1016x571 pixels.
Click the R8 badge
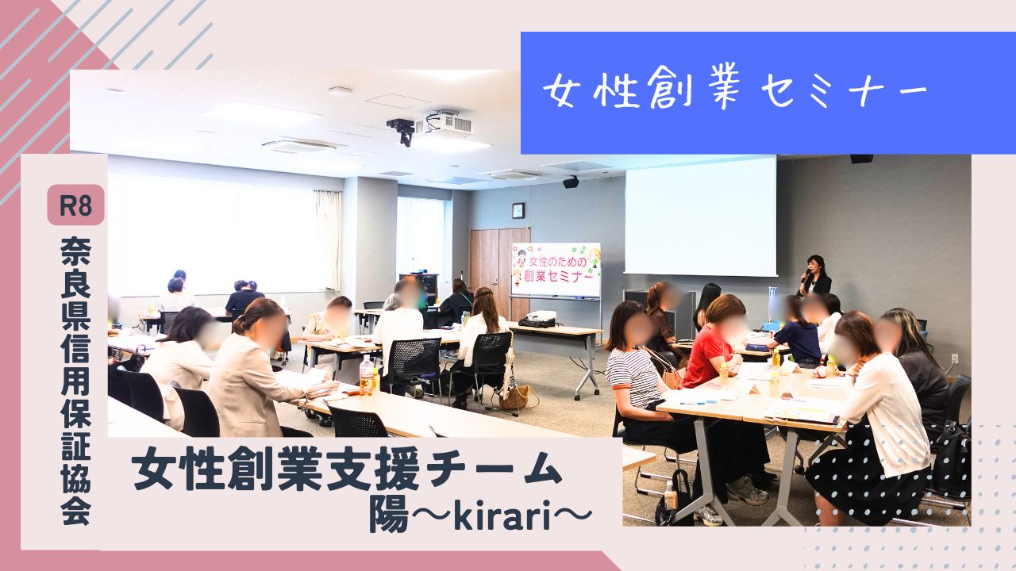(x=75, y=205)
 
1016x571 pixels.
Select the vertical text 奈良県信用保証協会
(x=75, y=381)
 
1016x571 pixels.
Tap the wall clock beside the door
(x=518, y=210)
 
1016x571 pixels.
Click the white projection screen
(x=701, y=216)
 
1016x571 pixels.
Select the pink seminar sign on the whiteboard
(x=556, y=269)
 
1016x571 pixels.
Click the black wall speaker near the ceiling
(x=571, y=182)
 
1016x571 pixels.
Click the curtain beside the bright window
(x=328, y=240)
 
